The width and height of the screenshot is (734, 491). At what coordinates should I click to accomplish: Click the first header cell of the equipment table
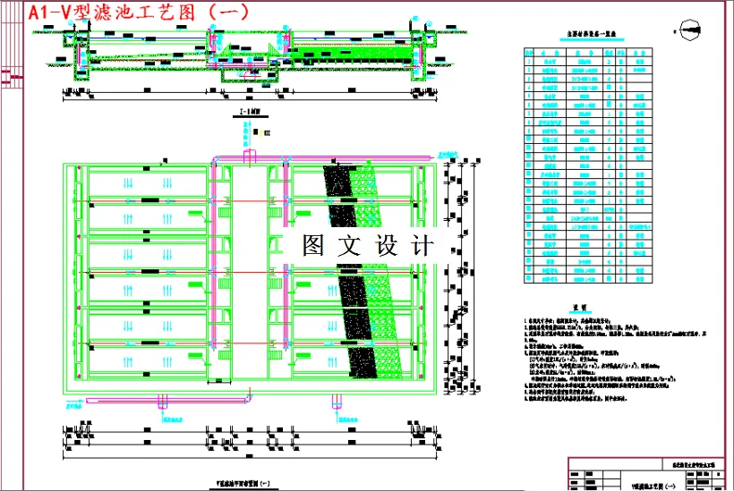[528, 52]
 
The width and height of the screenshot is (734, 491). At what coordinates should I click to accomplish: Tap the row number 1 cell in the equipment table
[528, 61]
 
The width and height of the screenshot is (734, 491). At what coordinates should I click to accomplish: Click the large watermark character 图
[314, 245]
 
